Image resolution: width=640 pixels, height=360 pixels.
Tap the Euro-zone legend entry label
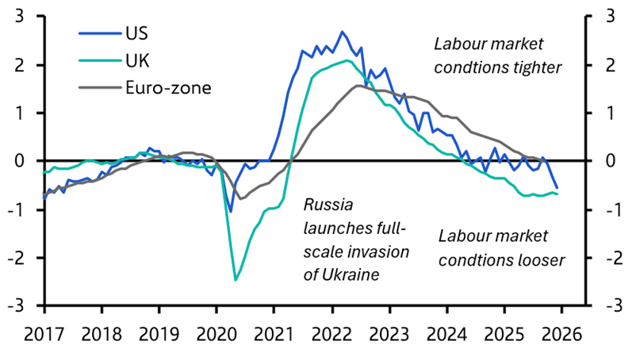pyautogui.click(x=167, y=87)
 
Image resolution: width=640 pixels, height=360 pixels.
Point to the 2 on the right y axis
pyautogui.click(x=611, y=64)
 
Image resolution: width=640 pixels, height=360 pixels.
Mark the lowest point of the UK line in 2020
pyautogui.click(x=236, y=280)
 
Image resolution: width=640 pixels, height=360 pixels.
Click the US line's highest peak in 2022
pyautogui.click(x=342, y=33)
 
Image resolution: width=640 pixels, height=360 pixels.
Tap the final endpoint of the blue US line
pyautogui.click(x=557, y=188)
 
